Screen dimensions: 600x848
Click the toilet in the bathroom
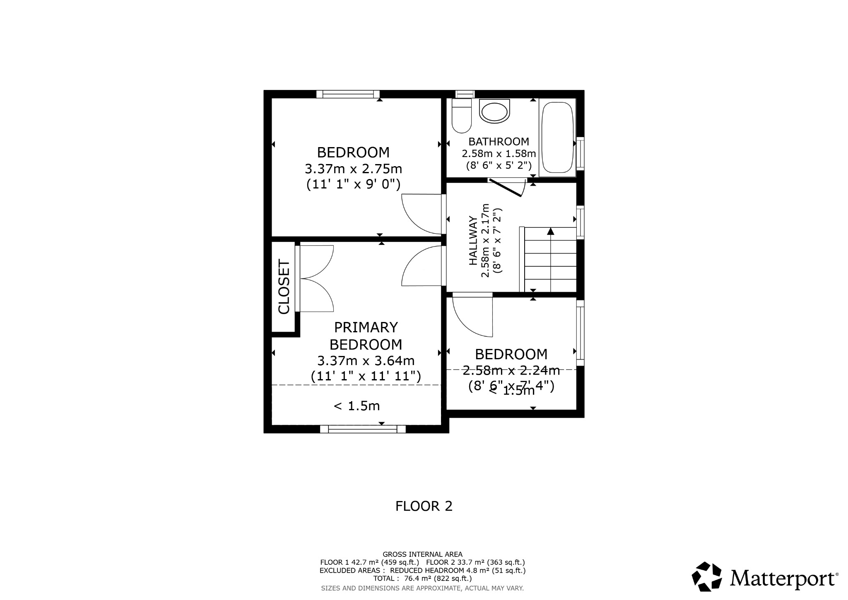point(461,116)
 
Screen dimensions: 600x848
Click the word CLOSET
point(284,287)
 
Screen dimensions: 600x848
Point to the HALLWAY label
point(473,241)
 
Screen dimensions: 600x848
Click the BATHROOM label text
point(499,142)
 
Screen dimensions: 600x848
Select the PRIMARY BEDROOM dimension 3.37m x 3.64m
point(366,360)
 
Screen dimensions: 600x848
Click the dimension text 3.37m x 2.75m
point(353,169)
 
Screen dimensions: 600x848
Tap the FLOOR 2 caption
point(424,506)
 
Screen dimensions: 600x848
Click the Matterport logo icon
point(707,576)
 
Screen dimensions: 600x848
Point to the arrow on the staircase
point(550,231)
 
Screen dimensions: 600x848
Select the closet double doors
point(316,278)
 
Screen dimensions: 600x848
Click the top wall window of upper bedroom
point(348,94)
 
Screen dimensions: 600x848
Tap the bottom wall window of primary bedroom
point(363,429)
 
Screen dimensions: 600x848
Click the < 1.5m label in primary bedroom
point(357,406)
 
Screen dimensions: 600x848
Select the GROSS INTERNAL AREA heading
point(422,554)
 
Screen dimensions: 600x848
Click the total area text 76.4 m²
point(422,578)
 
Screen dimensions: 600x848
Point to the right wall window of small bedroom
point(580,333)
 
